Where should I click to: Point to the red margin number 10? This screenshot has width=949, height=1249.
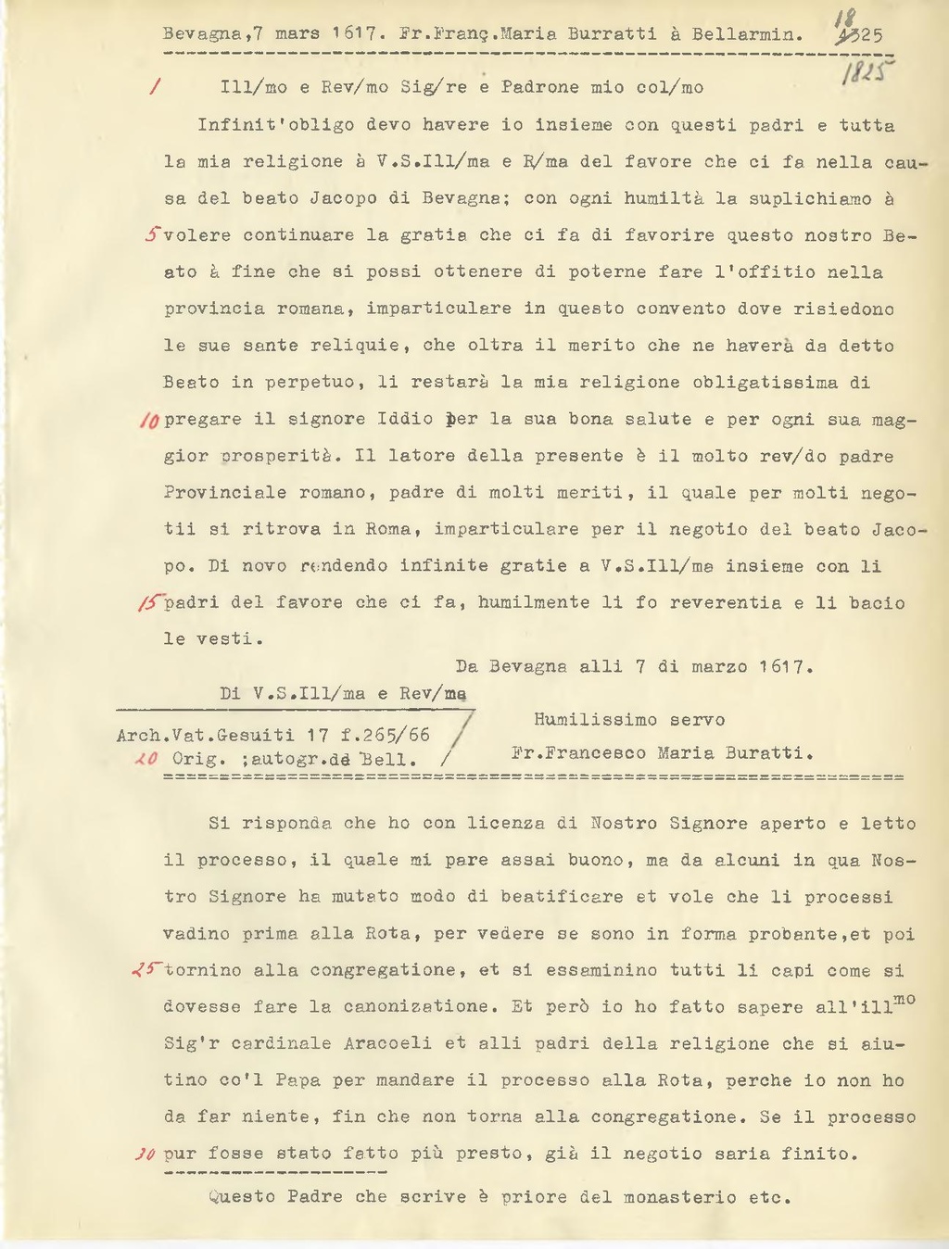click(149, 420)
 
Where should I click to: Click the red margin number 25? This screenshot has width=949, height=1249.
click(147, 970)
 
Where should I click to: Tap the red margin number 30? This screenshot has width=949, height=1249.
click(145, 1154)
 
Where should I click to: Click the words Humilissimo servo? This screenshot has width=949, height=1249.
click(628, 720)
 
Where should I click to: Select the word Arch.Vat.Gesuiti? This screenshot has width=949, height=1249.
click(206, 736)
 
